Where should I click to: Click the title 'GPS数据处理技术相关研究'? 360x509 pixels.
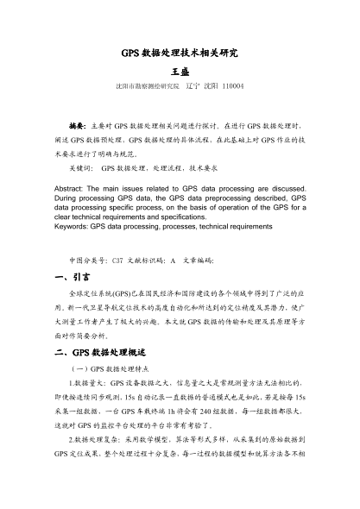[180, 53]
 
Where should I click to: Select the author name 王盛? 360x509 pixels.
[180, 72]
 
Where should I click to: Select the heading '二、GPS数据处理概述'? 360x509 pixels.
[96, 329]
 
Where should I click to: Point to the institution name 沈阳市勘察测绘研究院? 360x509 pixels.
[146, 87]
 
